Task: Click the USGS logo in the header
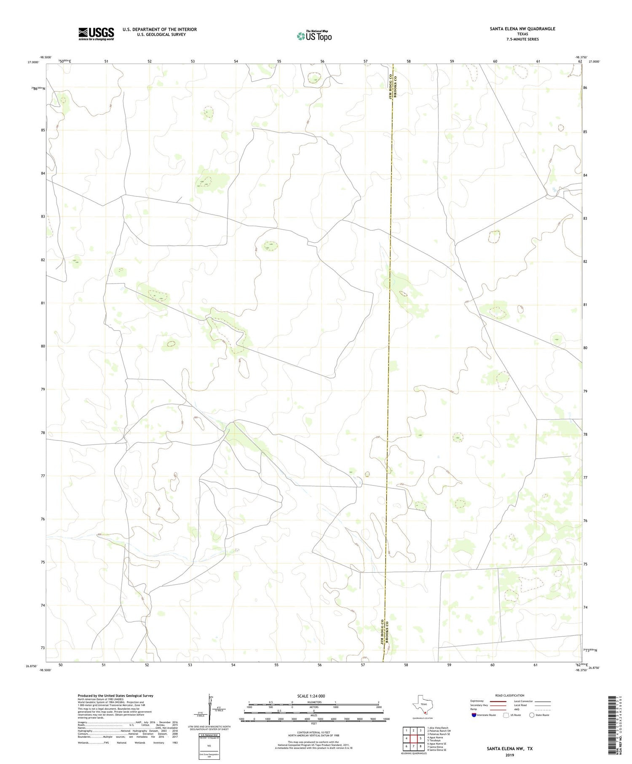pos(96,34)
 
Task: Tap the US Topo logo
pos(314,36)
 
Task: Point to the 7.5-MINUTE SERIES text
pos(522,39)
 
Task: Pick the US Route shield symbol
pos(506,715)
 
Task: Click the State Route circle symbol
pos(532,715)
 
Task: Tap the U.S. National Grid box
pos(209,746)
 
